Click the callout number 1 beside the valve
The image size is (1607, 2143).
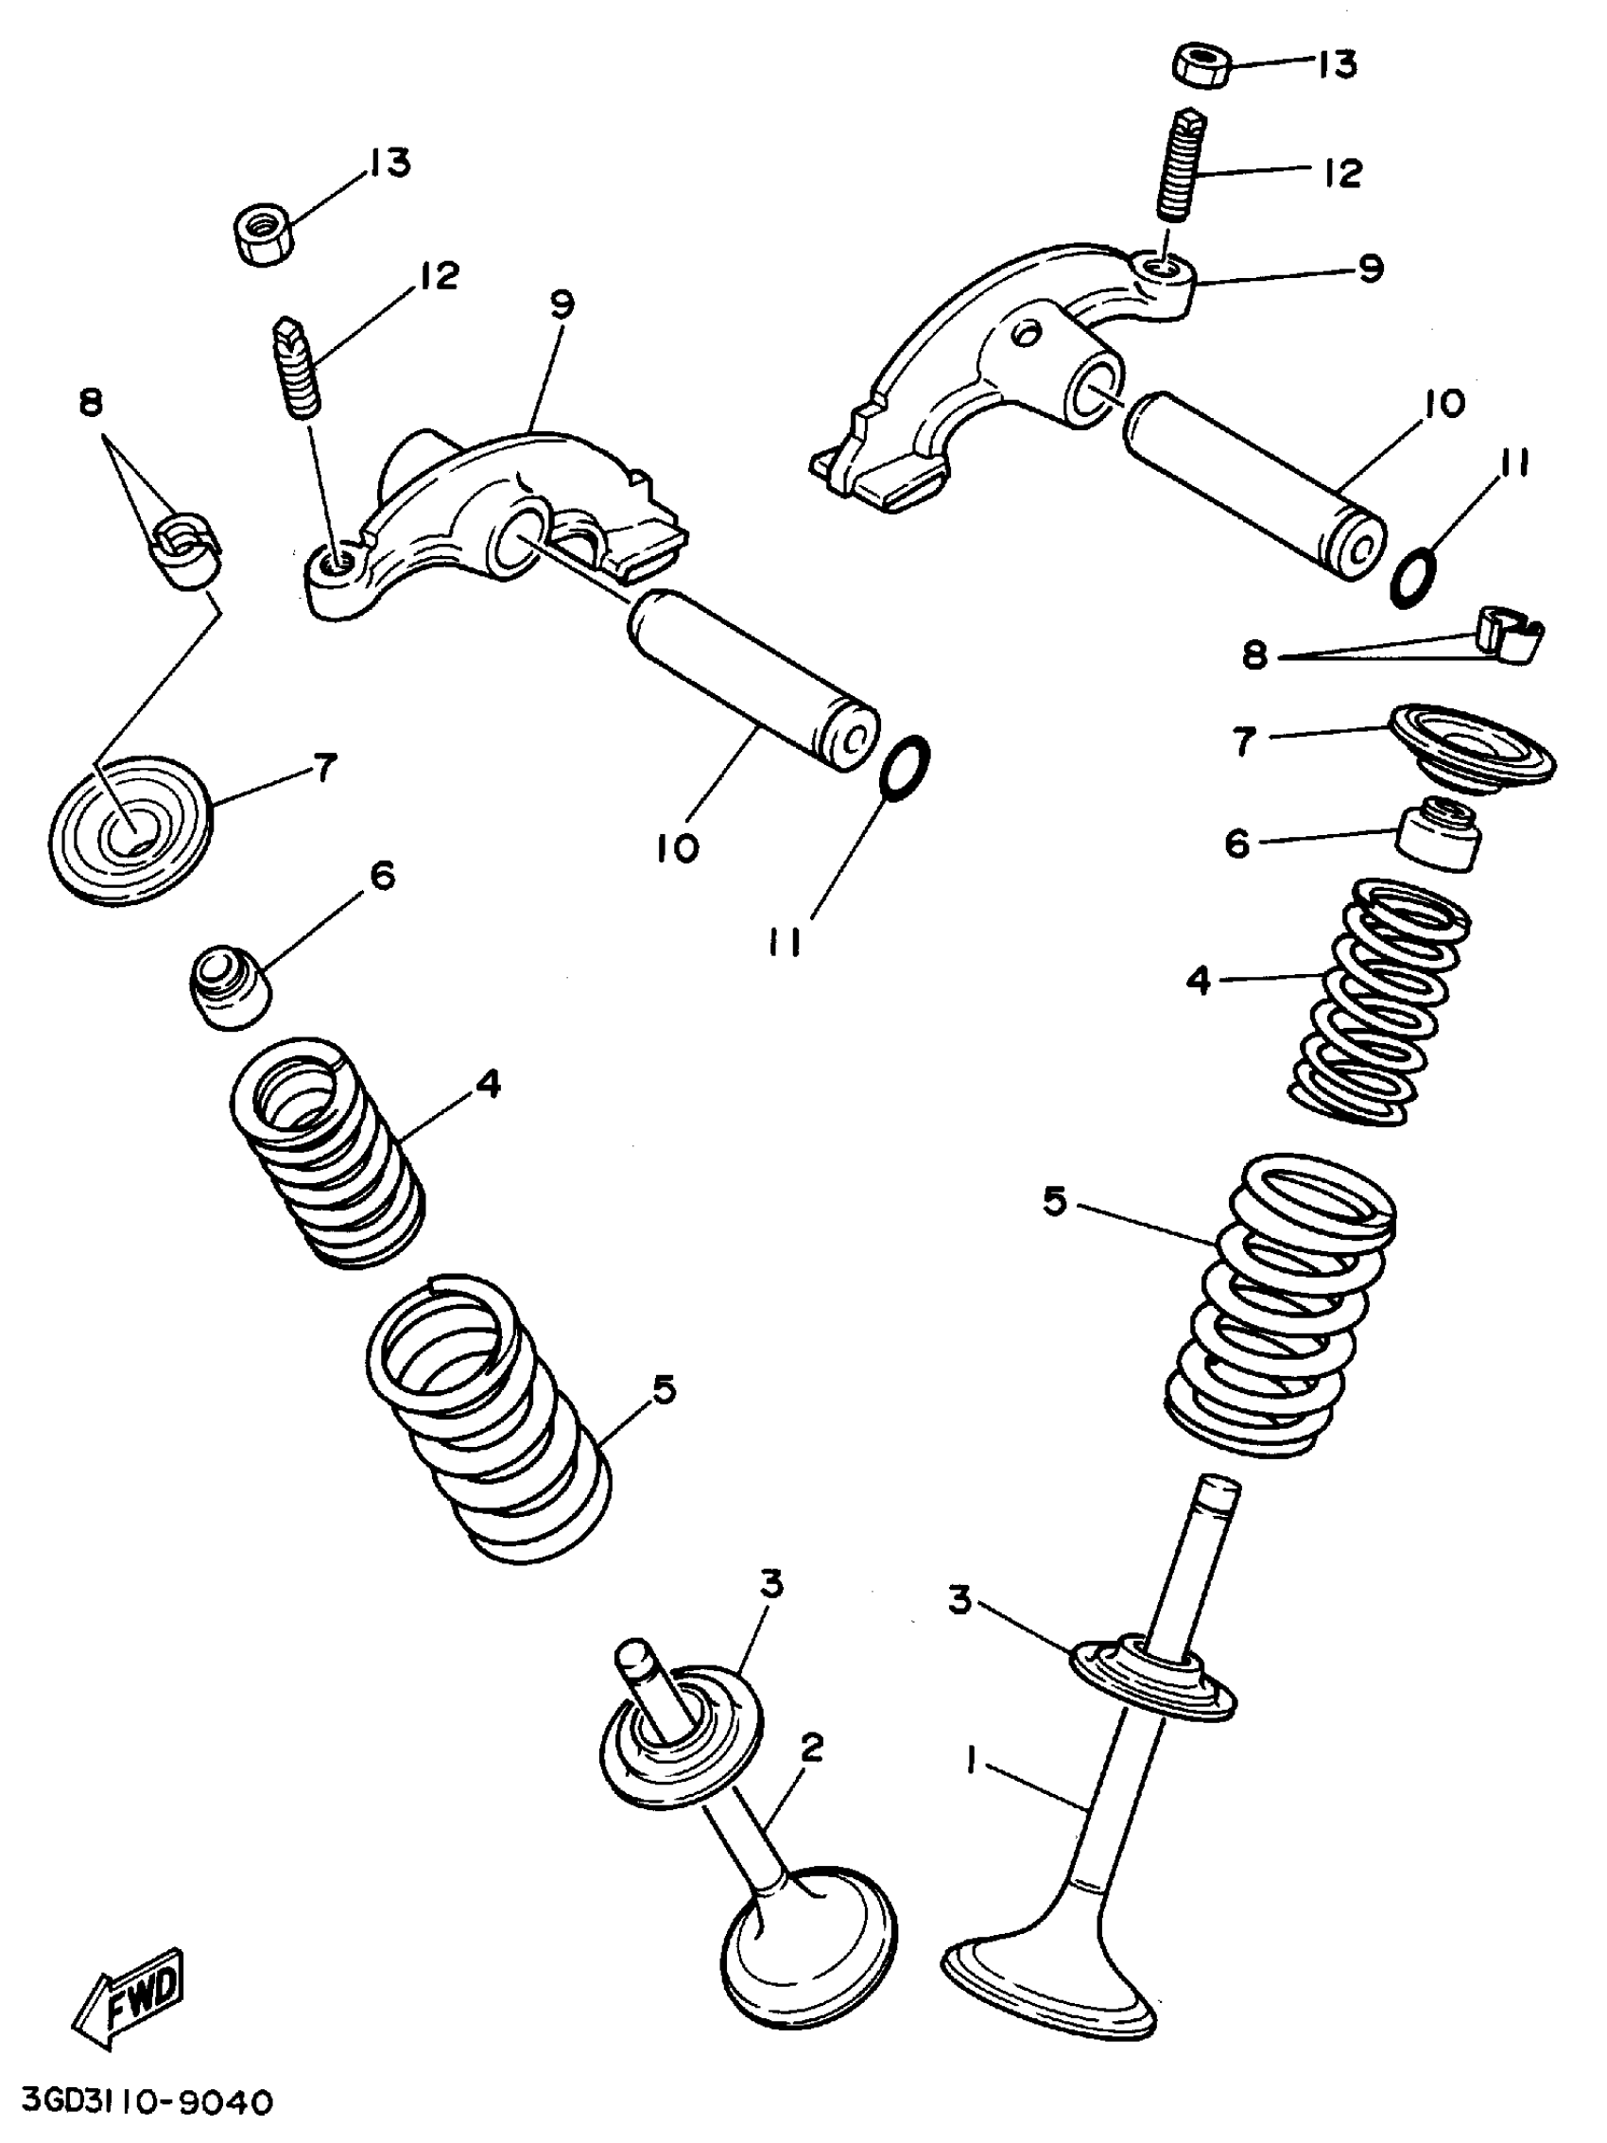pyautogui.click(x=971, y=1756)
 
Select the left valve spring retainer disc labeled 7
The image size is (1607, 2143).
pyautogui.click(x=129, y=831)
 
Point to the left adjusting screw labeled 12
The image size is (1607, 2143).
pyautogui.click(x=298, y=368)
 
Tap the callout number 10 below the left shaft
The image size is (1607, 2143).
pyautogui.click(x=677, y=847)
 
